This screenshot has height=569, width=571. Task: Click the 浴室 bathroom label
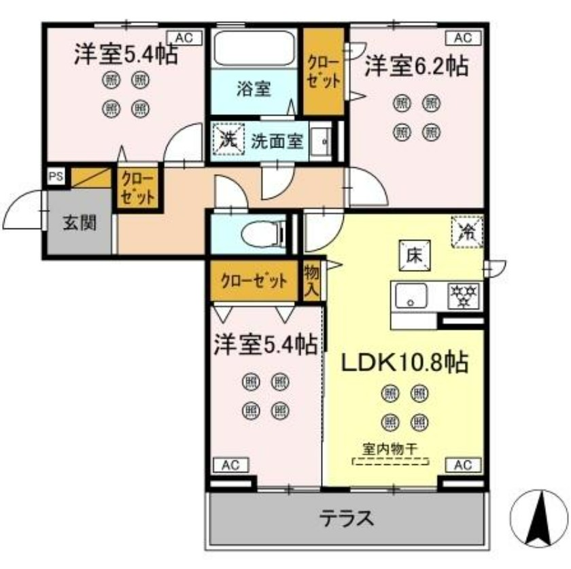point(255,88)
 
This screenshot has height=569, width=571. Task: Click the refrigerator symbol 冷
point(468,231)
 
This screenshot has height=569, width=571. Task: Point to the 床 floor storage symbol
point(412,256)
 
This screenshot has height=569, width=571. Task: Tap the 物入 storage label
point(312,280)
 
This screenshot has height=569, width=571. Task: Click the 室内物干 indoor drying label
point(390,449)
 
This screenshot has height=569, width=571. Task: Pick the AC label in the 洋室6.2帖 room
point(463,37)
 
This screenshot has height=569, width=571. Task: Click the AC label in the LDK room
point(463,465)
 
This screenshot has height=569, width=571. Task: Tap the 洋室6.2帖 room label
point(415,67)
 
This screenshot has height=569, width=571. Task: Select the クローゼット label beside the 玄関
point(138,188)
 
